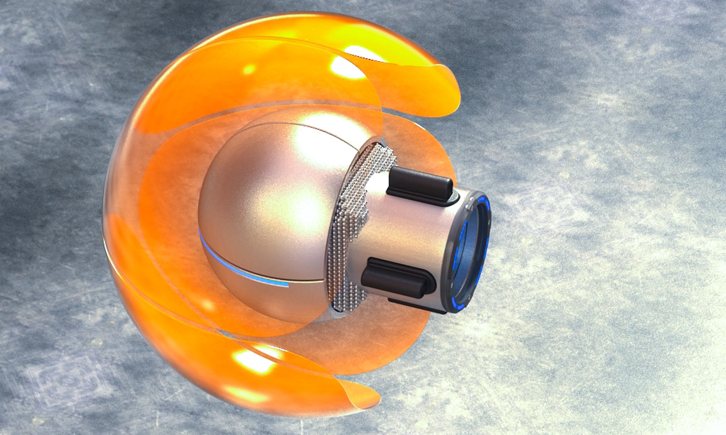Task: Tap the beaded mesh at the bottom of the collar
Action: pyautogui.click(x=351, y=298)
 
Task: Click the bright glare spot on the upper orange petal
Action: pyautogui.click(x=347, y=66)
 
